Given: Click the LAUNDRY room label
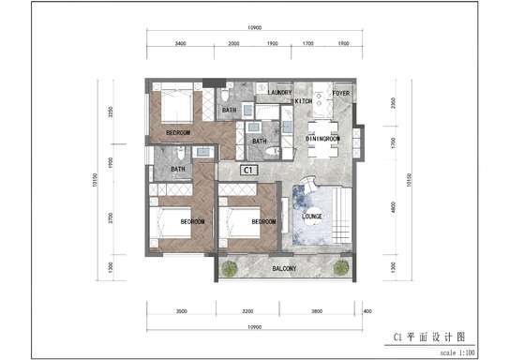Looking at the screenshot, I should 279,93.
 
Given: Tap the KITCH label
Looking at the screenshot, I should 304,100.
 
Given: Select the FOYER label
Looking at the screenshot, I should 341,94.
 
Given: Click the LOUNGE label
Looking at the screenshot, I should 313,217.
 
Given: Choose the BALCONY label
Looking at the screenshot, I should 285,269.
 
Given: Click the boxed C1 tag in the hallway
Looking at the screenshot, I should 248,171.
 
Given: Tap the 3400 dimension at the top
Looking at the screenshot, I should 180,43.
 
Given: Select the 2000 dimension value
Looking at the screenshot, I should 233,43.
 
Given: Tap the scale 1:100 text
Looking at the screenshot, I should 457,353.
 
